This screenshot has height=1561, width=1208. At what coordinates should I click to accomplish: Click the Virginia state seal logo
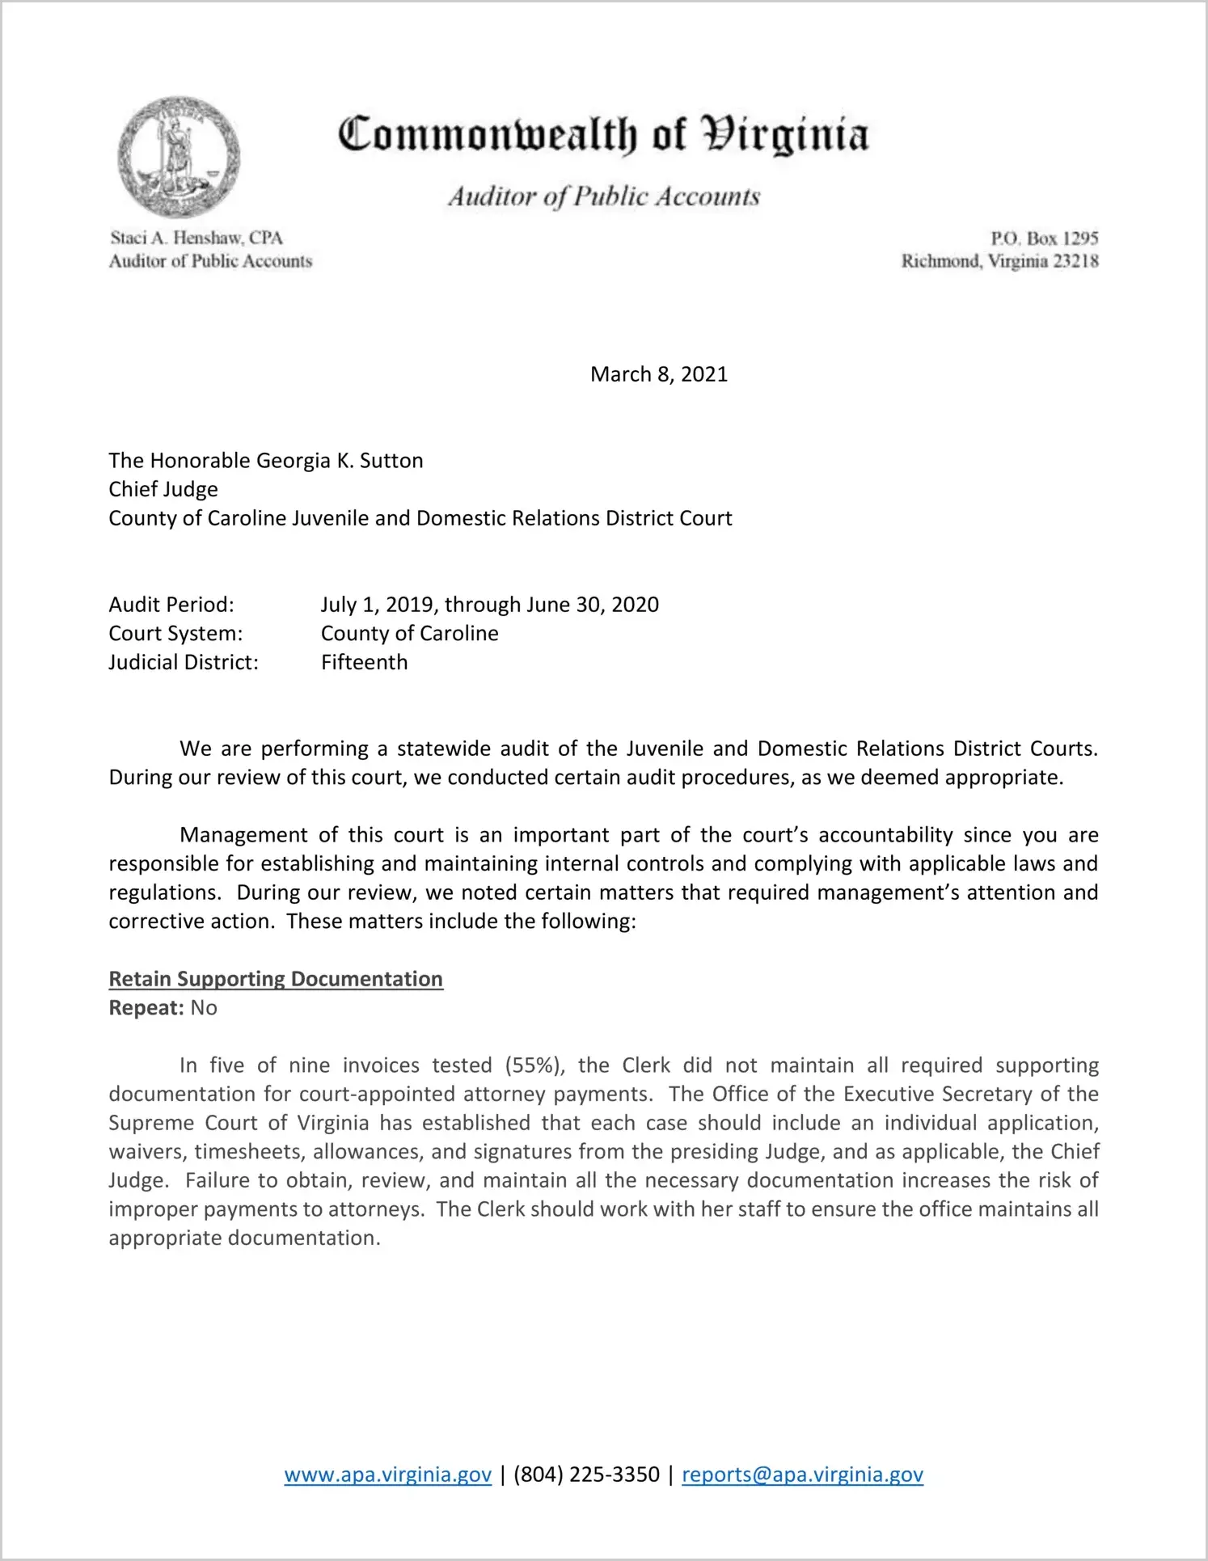click(178, 157)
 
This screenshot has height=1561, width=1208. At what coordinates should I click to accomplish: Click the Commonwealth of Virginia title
click(603, 134)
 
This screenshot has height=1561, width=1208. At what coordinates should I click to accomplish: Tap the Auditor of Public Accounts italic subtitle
click(604, 196)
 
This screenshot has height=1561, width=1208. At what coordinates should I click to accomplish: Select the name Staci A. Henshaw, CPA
click(196, 238)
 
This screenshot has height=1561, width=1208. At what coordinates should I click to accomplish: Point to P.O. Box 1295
click(1044, 238)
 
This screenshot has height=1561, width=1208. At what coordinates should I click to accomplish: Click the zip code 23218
click(1073, 261)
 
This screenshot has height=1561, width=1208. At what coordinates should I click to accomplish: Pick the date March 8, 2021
click(658, 374)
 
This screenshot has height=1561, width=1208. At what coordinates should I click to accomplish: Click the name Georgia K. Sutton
click(340, 461)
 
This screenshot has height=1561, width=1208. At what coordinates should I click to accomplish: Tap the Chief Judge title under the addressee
click(163, 489)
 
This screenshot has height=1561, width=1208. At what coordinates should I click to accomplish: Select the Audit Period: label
click(171, 605)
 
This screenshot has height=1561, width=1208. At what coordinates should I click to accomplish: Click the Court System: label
click(175, 633)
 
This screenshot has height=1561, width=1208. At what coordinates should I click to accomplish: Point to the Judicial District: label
click(184, 662)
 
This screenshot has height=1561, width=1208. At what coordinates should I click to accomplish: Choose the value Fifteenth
click(364, 662)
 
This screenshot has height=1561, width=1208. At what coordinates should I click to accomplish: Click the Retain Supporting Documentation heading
click(276, 979)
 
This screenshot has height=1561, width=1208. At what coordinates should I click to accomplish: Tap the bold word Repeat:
click(146, 1008)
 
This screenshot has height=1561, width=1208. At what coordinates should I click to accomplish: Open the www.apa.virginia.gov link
click(387, 1475)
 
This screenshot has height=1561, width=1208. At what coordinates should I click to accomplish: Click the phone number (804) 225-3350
click(586, 1475)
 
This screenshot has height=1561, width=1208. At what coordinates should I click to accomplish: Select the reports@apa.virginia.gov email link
click(802, 1475)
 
